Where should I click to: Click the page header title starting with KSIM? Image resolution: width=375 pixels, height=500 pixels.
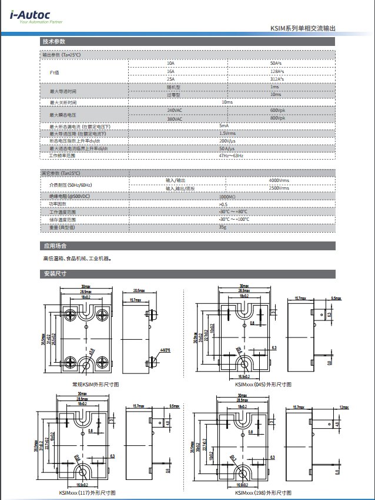click(x=302, y=28)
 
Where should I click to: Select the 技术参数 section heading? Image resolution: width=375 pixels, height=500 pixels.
click(x=53, y=42)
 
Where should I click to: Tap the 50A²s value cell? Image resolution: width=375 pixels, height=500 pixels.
click(x=277, y=63)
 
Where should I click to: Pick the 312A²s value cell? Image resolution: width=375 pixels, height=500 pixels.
click(x=277, y=79)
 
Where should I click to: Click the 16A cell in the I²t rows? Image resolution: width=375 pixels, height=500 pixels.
click(x=171, y=71)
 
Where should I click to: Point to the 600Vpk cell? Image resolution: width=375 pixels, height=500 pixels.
click(x=277, y=111)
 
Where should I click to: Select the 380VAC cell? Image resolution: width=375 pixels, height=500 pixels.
click(x=175, y=118)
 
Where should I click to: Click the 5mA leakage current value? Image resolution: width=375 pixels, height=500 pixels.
click(x=223, y=126)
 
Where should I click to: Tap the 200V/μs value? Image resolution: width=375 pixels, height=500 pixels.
click(x=227, y=141)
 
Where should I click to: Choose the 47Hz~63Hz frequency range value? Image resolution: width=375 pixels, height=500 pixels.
click(x=230, y=156)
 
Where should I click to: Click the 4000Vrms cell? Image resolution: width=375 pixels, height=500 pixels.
click(x=279, y=180)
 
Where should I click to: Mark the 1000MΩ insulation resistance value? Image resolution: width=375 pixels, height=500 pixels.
click(x=227, y=196)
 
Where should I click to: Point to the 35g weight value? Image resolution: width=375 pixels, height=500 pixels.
click(x=223, y=227)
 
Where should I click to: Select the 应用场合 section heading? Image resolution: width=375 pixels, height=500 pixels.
click(x=55, y=246)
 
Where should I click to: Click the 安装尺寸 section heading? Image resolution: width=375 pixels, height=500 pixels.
click(x=55, y=274)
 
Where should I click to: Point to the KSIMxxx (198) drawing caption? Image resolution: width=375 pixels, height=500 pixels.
click(x=263, y=492)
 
